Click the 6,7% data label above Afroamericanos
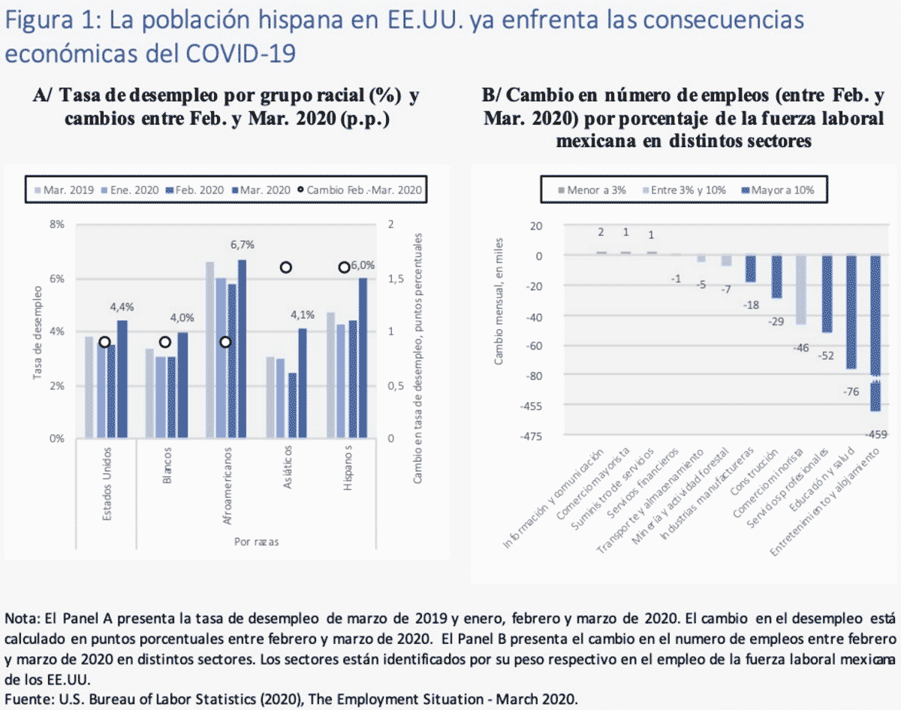[242, 244]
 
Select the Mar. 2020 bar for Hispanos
[363, 357]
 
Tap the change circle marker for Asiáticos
[285, 267]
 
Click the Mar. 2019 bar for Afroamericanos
[209, 350]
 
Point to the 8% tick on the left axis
[57, 224]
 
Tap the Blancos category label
[167, 467]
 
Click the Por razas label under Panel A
[252, 541]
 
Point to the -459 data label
[875, 434]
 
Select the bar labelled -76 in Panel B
[851, 312]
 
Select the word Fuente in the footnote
[26, 698]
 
